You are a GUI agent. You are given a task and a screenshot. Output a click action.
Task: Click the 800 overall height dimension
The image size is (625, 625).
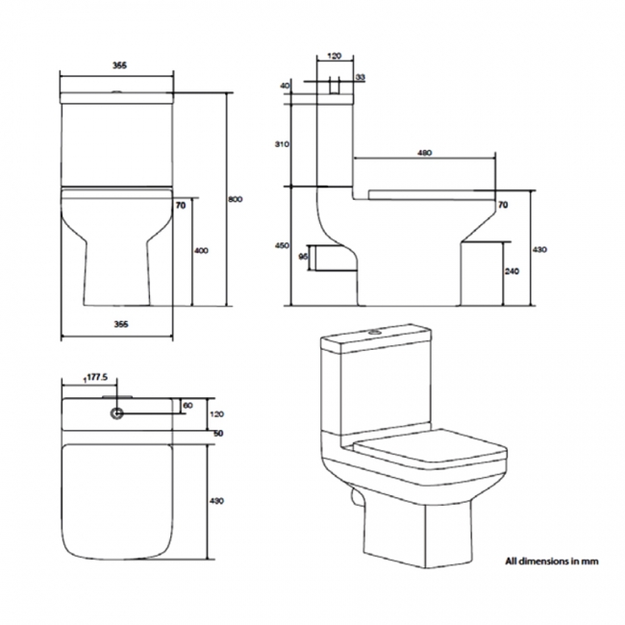(237, 199)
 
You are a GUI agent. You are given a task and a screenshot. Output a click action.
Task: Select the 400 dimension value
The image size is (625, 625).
(201, 250)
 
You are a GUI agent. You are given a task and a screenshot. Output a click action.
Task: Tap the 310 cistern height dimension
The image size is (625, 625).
(282, 143)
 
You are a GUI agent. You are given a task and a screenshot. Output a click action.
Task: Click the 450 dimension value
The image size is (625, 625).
(282, 246)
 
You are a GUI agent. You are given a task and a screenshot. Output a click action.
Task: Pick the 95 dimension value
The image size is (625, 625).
(303, 258)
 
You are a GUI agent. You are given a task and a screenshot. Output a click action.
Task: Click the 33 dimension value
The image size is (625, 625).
(360, 77)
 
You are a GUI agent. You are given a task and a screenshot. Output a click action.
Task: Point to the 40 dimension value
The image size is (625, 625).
(286, 86)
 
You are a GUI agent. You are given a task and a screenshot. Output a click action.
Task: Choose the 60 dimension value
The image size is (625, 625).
(187, 405)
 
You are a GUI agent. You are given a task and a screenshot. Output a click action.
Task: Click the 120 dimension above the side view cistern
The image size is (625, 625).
(334, 57)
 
